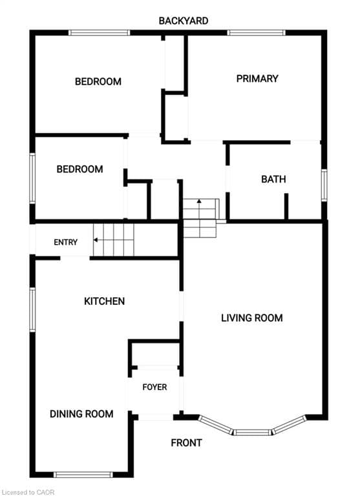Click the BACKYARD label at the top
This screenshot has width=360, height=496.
coord(184,21)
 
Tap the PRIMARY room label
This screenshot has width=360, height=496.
coord(257,78)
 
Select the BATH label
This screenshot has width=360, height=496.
coord(273,180)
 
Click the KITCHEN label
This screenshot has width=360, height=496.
coord(105,301)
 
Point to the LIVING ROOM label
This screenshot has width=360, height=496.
coord(251,318)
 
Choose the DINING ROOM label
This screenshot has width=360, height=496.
coord(81,414)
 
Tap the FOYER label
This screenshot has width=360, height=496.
coord(154,387)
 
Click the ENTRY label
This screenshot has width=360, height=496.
coord(65,242)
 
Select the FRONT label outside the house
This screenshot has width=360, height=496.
coord(187,443)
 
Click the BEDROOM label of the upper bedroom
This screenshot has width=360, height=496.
coord(98,81)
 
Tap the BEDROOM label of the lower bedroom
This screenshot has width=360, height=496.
coord(79,169)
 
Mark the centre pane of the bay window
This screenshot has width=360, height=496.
coord(253,432)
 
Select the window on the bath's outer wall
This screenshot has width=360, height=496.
coord(324,185)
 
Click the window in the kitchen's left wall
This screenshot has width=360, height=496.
coord(32,310)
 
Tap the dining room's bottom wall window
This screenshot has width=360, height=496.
coord(83,475)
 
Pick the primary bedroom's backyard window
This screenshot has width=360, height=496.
coord(257,32)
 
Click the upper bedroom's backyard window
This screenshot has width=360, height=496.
coord(100,32)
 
